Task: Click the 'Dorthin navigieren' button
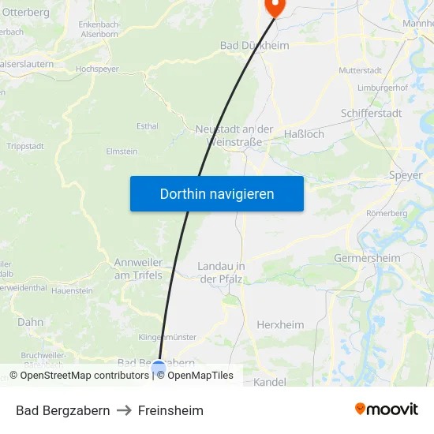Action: tap(217, 193)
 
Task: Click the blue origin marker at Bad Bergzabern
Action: tap(159, 368)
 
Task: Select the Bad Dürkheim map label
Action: tap(254, 46)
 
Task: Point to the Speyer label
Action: tap(406, 175)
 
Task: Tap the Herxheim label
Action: tap(280, 324)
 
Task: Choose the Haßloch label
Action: tap(304, 134)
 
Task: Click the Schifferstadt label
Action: tap(371, 113)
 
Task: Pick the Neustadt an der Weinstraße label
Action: tap(234, 135)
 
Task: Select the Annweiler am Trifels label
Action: tap(138, 269)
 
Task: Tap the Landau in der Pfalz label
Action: tap(221, 272)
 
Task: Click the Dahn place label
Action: tap(31, 322)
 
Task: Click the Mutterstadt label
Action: tap(359, 70)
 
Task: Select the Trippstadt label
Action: tap(25, 146)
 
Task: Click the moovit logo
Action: tap(387, 410)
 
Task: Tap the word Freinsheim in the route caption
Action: tap(170, 410)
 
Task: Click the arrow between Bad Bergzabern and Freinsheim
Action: tap(124, 410)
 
